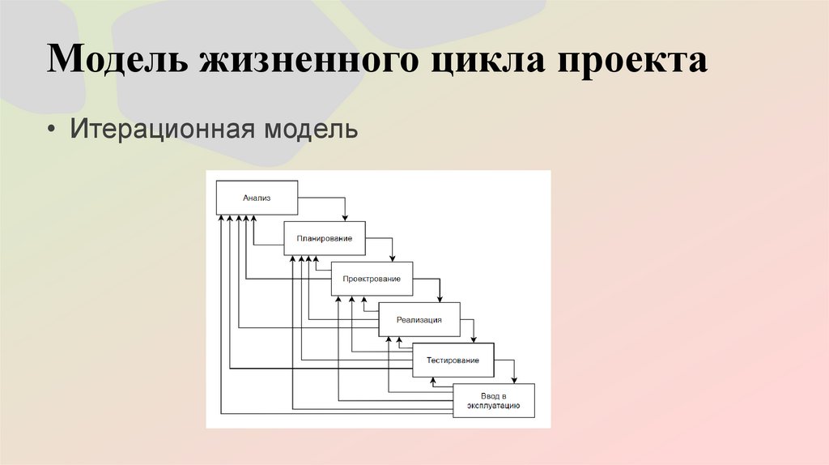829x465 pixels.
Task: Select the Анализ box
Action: (x=257, y=197)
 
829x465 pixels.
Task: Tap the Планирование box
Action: (x=324, y=238)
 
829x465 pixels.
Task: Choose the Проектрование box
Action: (x=372, y=279)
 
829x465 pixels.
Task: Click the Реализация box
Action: (x=419, y=319)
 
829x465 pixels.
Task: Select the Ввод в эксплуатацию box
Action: (x=494, y=400)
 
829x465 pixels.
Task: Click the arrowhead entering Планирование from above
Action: (x=345, y=216)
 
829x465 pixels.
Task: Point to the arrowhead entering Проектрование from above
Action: (x=393, y=258)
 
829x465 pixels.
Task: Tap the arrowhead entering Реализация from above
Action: (x=440, y=298)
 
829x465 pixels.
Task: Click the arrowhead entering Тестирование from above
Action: (x=474, y=339)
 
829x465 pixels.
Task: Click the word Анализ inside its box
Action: (x=257, y=197)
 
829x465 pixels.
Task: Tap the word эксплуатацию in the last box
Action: (x=494, y=405)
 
